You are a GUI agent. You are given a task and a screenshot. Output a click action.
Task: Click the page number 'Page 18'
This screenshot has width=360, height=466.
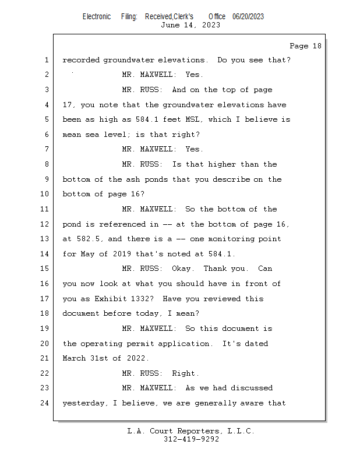click(x=305, y=46)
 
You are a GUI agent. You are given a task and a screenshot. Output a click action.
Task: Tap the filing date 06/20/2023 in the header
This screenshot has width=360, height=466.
click(x=248, y=17)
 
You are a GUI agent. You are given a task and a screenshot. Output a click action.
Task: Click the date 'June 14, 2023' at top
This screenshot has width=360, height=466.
click(x=190, y=25)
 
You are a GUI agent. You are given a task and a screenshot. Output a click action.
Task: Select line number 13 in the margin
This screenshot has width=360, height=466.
click(x=44, y=239)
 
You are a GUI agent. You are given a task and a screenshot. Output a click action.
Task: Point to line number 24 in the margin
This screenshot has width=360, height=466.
click(x=44, y=403)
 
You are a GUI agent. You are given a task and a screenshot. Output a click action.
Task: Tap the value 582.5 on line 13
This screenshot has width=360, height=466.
click(x=88, y=239)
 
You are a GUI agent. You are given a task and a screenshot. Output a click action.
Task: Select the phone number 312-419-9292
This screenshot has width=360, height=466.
click(x=191, y=439)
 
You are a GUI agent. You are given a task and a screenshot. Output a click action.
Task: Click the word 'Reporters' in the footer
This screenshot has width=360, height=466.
click(x=197, y=431)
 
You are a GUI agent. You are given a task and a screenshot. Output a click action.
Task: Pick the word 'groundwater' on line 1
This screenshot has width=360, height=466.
click(x=129, y=61)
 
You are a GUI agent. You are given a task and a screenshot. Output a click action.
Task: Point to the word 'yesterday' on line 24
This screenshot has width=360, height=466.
click(x=83, y=403)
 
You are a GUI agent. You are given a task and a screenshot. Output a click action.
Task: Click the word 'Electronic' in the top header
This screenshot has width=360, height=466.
click(x=97, y=17)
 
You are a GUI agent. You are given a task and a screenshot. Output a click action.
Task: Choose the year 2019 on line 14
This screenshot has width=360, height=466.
click(x=122, y=254)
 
